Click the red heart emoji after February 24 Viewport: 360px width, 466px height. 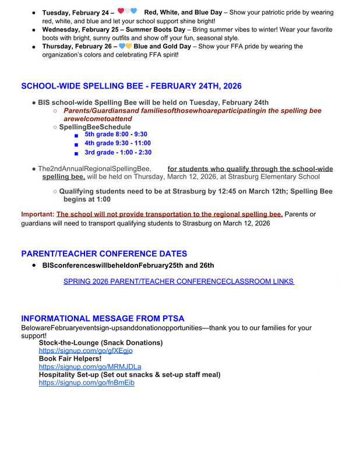(121, 11)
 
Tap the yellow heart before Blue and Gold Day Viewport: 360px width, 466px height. (129, 46)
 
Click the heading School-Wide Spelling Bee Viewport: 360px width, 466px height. (131, 86)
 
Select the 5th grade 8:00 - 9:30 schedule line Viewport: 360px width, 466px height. (116, 134)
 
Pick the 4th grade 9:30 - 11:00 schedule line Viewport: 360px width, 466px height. (118, 143)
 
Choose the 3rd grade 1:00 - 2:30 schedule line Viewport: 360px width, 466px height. (118, 153)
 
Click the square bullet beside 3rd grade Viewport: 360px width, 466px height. (76, 153)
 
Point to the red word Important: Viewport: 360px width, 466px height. (37, 214)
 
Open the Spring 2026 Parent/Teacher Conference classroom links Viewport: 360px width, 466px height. (178, 282)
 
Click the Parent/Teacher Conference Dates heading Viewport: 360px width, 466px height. (104, 254)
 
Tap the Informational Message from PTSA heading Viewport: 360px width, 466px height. (103, 319)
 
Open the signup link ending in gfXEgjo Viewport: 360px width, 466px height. (86, 351)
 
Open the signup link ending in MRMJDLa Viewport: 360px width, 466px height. (90, 367)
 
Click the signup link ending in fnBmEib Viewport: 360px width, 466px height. (87, 383)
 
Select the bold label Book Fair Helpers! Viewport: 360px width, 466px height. (70, 359)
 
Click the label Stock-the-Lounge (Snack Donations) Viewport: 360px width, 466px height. (101, 343)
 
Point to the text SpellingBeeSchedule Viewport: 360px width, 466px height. (95, 127)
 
